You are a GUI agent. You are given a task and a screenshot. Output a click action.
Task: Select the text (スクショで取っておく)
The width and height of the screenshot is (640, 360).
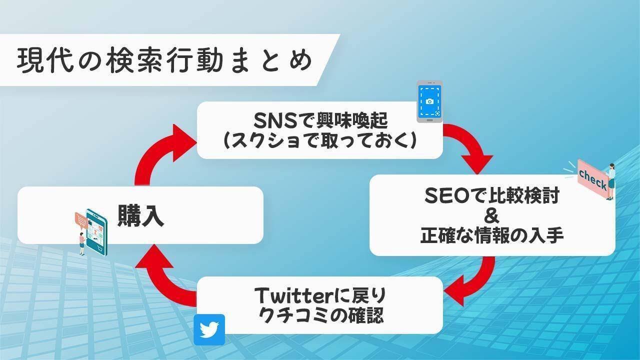coord(320,140)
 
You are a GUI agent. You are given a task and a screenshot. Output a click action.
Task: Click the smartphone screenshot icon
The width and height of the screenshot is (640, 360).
coord(429,101)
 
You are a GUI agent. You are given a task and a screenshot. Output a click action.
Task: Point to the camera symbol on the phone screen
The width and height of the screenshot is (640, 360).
coord(429,101)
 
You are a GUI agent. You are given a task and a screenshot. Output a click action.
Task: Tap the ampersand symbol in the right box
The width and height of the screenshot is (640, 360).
coord(492,216)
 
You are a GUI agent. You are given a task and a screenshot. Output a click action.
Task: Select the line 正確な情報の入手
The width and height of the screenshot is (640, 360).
coord(492,235)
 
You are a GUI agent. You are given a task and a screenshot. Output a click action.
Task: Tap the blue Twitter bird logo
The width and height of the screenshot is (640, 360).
coord(209,329)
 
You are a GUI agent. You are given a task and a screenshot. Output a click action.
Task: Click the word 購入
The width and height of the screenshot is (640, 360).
coord(141,216)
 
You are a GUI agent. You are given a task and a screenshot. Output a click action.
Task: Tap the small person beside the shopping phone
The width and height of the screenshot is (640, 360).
coord(81,243)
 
